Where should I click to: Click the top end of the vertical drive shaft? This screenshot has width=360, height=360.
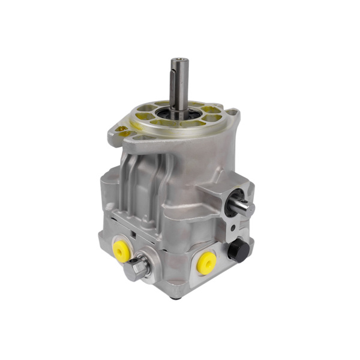coord(179,60)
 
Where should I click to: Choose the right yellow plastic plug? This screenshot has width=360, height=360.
coord(207,263)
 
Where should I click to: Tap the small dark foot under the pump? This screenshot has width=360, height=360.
coord(175,296)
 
